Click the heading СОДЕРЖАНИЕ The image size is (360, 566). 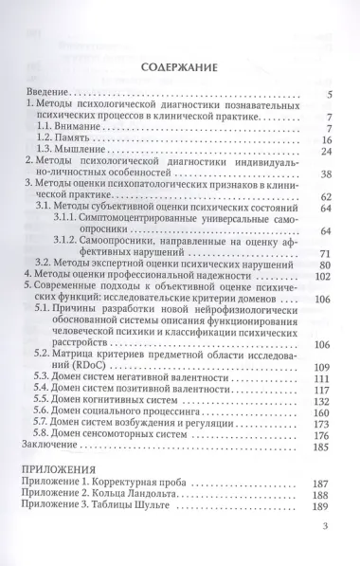click(x=179, y=68)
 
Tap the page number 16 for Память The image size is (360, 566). click(x=323, y=138)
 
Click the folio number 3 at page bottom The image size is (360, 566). click(x=326, y=552)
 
